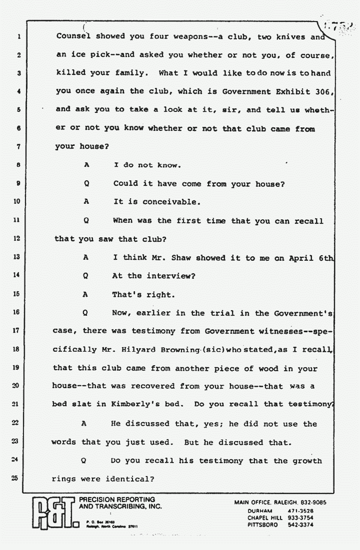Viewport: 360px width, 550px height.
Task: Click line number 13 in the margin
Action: pos(15,257)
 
